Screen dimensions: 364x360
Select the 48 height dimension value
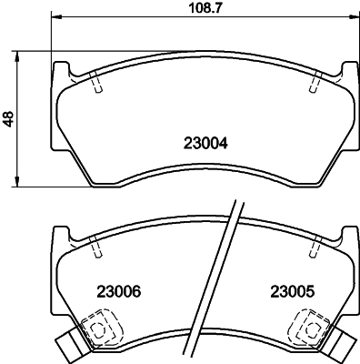click(10, 118)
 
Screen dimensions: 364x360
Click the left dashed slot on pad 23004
click(96, 83)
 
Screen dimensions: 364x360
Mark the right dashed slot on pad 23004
click(315, 83)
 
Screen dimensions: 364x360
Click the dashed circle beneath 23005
click(315, 329)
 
